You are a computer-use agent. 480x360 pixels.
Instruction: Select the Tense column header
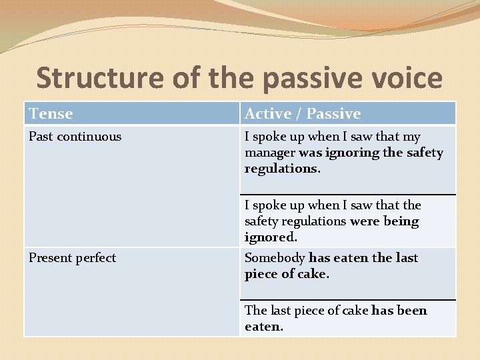click(51, 114)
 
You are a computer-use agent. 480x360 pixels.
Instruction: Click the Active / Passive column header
click(303, 114)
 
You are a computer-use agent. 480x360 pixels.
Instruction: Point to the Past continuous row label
click(75, 137)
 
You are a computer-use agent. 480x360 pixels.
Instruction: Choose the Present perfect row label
click(72, 258)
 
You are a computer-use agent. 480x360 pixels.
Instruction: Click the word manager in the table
click(270, 153)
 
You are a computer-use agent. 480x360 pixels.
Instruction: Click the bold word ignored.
click(271, 237)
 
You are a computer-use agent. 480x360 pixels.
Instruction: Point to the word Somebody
click(275, 258)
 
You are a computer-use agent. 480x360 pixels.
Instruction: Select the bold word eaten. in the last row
click(264, 327)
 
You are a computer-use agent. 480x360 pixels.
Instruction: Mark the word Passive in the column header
click(333, 114)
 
